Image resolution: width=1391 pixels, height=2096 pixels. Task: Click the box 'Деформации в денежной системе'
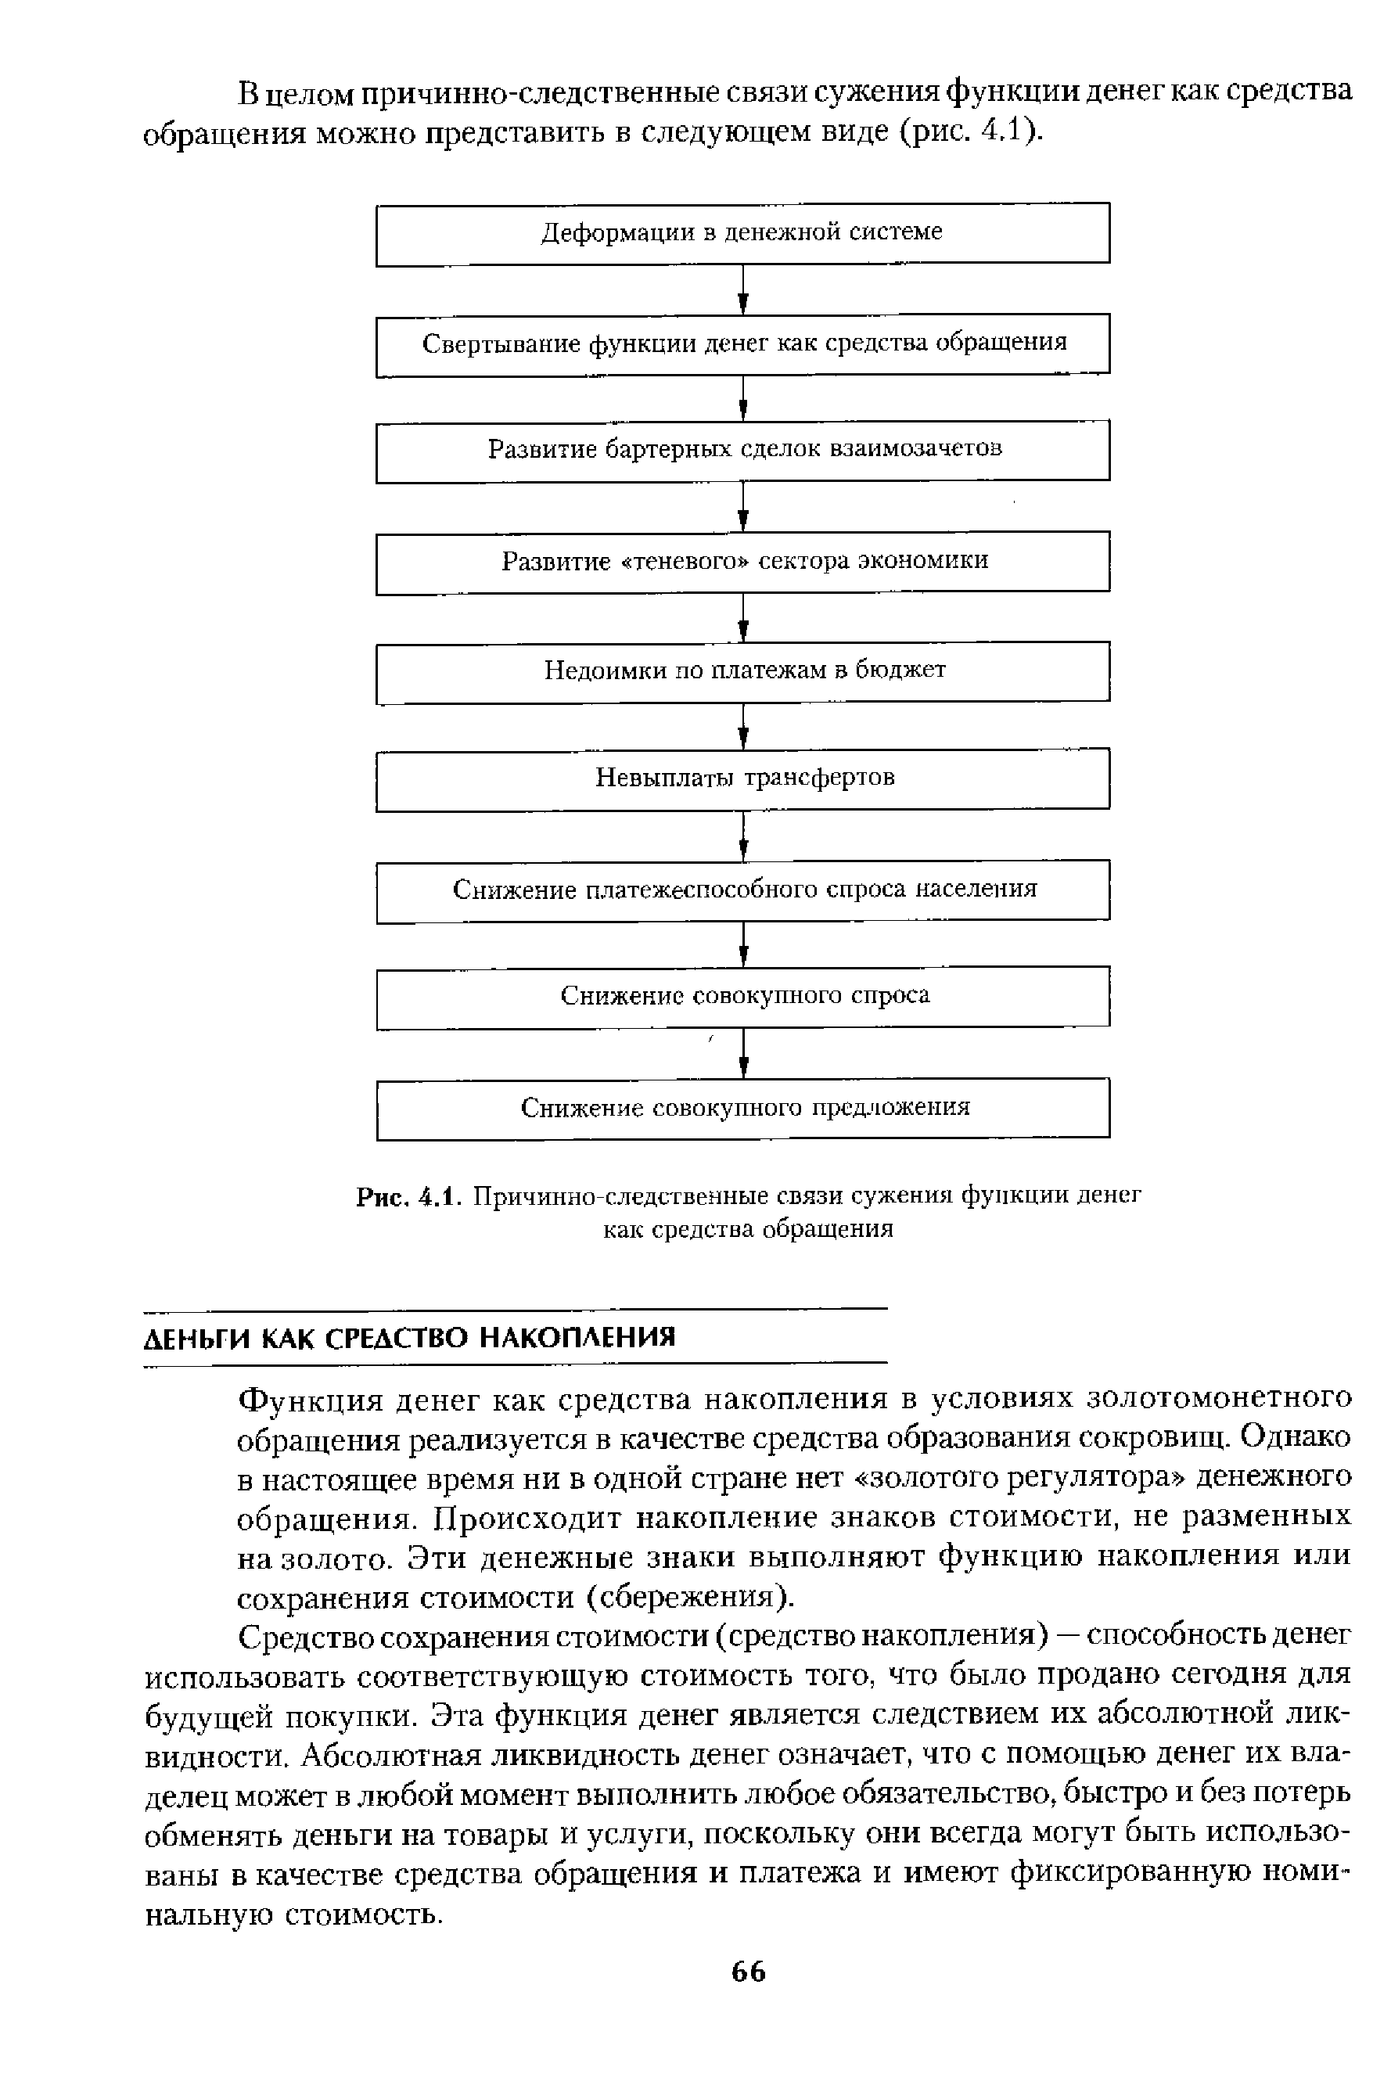click(x=742, y=233)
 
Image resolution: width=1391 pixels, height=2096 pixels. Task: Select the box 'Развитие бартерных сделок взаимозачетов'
click(x=742, y=451)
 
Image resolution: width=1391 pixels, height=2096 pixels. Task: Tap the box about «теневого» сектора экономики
click(x=742, y=562)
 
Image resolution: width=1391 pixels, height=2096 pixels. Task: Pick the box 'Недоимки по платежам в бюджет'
click(x=742, y=671)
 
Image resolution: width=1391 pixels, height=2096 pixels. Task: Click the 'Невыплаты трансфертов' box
click(x=742, y=778)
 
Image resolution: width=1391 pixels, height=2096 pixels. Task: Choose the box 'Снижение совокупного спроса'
click(x=742, y=997)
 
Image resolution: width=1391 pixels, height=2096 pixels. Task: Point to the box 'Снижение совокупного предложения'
click(x=742, y=1108)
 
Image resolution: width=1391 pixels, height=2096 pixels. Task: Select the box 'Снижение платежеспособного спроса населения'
click(x=742, y=890)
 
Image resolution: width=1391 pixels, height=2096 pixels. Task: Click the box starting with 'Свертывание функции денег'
click(x=742, y=344)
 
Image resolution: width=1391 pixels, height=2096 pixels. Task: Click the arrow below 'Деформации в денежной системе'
click(x=743, y=289)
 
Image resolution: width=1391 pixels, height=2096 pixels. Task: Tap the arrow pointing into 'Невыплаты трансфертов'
click(x=743, y=725)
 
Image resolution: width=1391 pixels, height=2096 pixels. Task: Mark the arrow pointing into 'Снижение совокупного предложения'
click(x=743, y=1053)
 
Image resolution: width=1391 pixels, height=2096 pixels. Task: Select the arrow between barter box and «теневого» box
click(x=743, y=506)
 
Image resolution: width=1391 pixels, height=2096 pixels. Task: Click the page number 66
click(x=748, y=1971)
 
